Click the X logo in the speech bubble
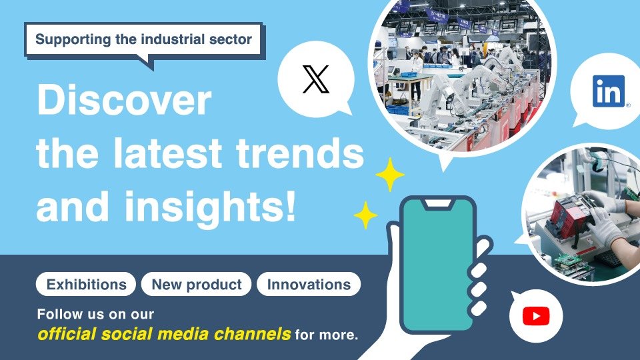(315, 79)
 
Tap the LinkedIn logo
(609, 91)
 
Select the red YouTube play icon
(536, 316)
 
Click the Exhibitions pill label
(86, 284)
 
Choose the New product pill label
(196, 284)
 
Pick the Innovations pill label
(309, 284)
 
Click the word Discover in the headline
(124, 99)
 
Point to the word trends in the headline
(300, 153)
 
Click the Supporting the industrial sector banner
(143, 39)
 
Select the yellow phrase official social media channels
(164, 334)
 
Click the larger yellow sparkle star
(390, 174)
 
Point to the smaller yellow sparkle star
(365, 215)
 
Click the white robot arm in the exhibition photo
(436, 98)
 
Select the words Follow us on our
(95, 314)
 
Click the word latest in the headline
(167, 153)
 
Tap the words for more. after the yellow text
(326, 335)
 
